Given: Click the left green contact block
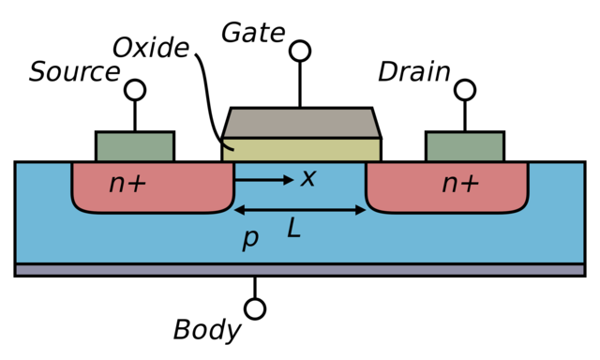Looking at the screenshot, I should pyautogui.click(x=135, y=147).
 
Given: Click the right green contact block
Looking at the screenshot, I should pyautogui.click(x=465, y=147).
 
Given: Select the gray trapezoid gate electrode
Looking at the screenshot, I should pyautogui.click(x=300, y=123).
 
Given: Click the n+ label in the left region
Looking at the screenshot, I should pyautogui.click(x=127, y=184).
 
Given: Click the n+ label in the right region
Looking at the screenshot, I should pyautogui.click(x=460, y=184).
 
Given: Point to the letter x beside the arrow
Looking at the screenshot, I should pyautogui.click(x=307, y=178).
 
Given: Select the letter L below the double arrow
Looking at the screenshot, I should pyautogui.click(x=293, y=228).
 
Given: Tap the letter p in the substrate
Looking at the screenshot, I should pyautogui.click(x=249, y=239).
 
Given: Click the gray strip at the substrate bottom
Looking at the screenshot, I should pyautogui.click(x=300, y=269).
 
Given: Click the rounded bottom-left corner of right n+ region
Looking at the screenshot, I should pyautogui.click(x=373, y=206).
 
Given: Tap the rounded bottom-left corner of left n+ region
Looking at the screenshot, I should pyautogui.click(x=79, y=206).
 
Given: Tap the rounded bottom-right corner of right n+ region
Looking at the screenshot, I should pyautogui.click(x=521, y=206).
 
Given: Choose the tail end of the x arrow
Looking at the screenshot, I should pyautogui.click(x=236, y=179).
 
